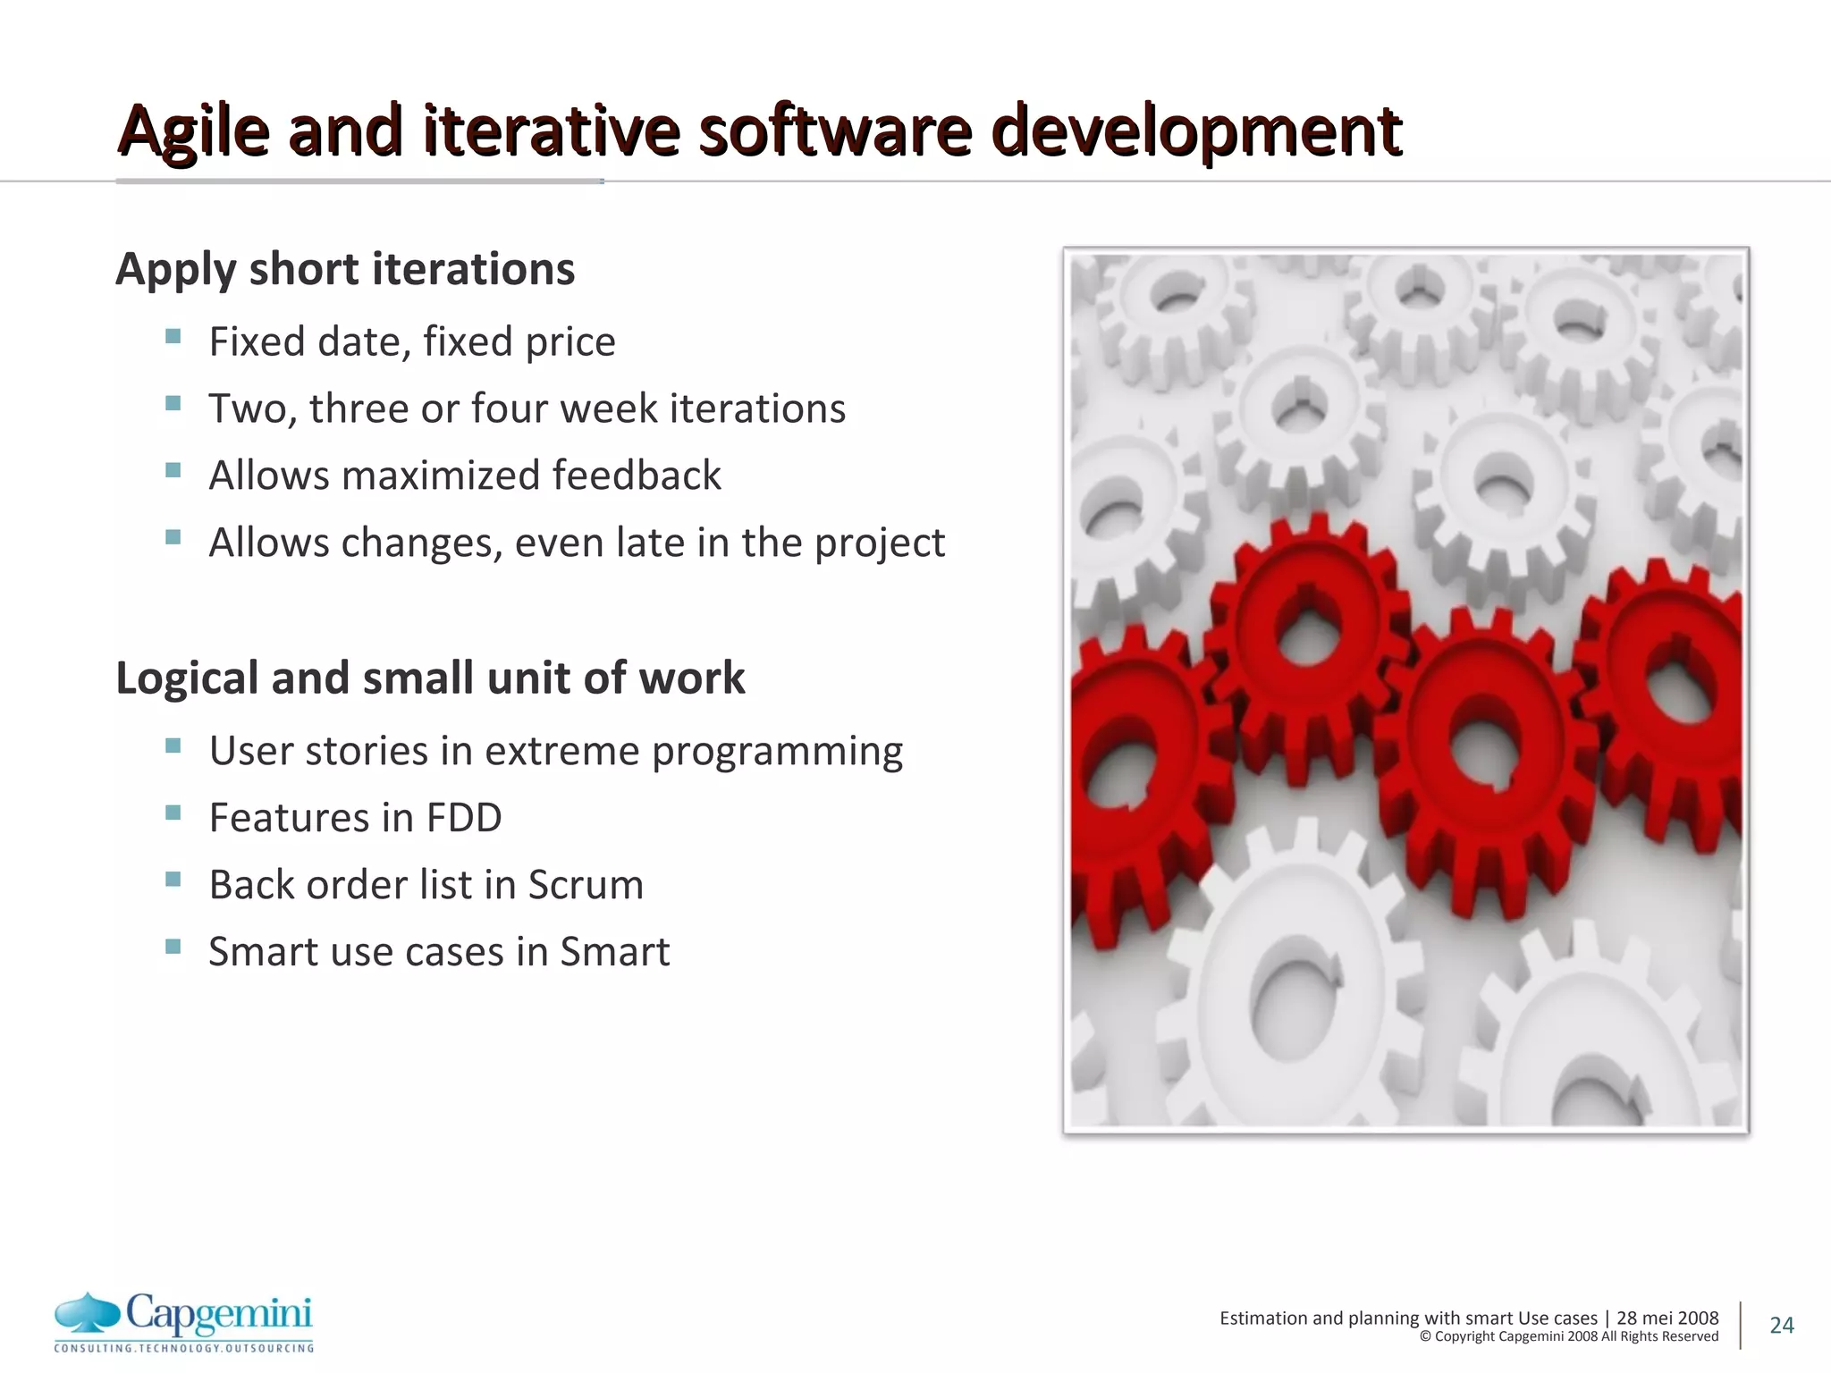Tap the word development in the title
tap(1196, 131)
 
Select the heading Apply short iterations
tap(345, 269)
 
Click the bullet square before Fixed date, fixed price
tap(173, 337)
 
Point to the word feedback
tap(636, 475)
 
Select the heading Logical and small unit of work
tap(430, 678)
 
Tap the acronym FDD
tap(463, 817)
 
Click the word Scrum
tap(586, 884)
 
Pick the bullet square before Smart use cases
tap(173, 947)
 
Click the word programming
tap(777, 751)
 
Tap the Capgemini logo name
tap(219, 1313)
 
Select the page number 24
tap(1781, 1325)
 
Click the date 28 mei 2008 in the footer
tap(1667, 1318)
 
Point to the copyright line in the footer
tap(1569, 1336)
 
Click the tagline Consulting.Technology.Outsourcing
tap(184, 1348)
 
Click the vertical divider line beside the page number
tap(1741, 1325)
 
